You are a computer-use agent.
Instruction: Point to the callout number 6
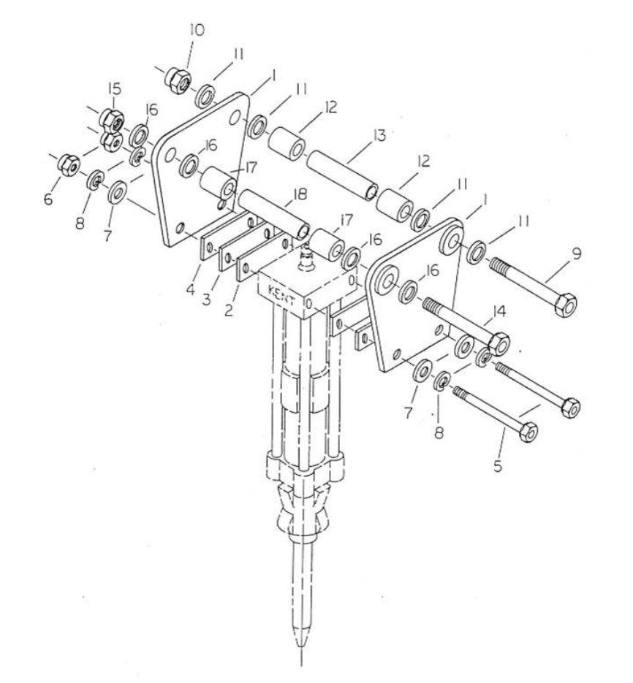pos(49,198)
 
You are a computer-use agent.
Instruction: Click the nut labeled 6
pos(68,161)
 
